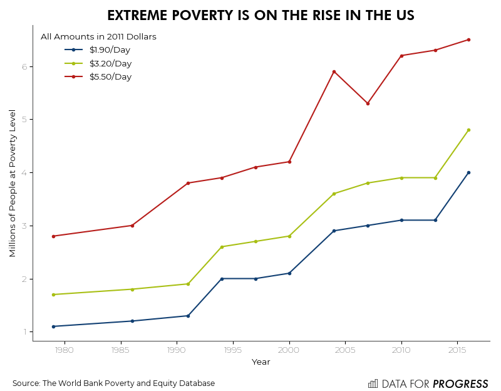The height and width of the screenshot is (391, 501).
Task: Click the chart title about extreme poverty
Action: [261, 16]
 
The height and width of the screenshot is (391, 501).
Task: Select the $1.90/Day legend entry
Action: [110, 50]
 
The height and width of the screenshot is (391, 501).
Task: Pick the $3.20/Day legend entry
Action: [110, 63]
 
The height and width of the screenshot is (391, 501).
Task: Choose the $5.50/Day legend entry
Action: [110, 77]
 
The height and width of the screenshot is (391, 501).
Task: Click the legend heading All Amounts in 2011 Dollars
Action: [98, 37]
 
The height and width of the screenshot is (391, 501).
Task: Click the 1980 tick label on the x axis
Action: [65, 350]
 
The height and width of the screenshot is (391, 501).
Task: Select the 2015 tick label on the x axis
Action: [458, 350]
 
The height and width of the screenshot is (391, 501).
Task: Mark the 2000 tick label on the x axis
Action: [289, 350]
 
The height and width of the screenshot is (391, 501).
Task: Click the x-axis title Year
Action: [261, 362]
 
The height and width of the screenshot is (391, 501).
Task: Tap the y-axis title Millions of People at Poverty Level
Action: [13, 183]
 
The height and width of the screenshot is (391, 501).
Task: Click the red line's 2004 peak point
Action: [334, 71]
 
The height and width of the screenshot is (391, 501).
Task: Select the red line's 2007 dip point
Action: [368, 103]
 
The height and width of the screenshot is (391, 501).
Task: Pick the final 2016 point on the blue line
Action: [468, 172]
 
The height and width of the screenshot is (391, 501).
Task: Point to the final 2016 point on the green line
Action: [468, 130]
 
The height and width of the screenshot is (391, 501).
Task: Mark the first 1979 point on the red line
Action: [53, 236]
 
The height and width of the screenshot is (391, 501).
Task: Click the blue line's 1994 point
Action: [222, 279]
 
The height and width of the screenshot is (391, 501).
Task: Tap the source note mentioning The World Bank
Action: [113, 383]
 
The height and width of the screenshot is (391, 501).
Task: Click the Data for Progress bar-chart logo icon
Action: [373, 383]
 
